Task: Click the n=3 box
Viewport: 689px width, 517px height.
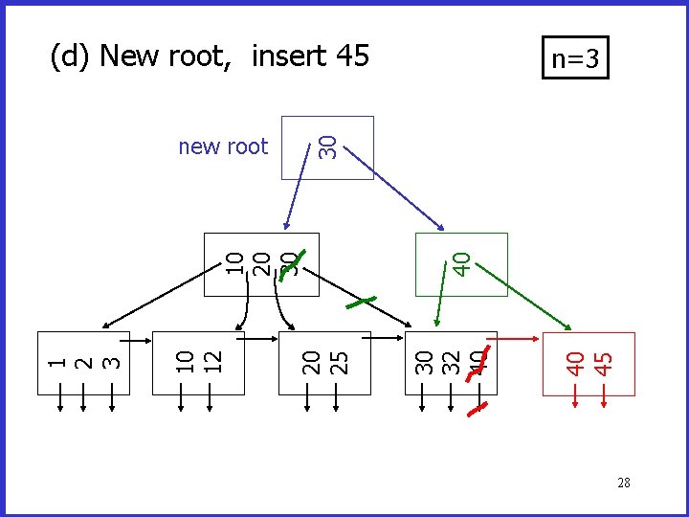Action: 575,59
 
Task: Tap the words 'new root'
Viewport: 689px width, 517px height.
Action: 223,146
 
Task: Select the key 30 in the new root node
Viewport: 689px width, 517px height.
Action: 327,146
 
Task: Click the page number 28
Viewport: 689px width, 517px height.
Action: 623,483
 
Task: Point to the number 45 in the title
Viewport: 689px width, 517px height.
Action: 352,56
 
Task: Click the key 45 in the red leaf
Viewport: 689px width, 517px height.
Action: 603,362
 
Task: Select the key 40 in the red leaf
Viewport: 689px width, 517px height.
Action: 576,362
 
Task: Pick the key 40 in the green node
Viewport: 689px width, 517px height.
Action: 460,262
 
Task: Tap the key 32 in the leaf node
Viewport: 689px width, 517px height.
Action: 451,361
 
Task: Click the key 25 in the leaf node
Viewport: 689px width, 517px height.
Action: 337,361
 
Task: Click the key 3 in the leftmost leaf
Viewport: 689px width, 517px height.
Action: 111,362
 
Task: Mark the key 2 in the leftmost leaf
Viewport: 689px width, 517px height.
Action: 85,362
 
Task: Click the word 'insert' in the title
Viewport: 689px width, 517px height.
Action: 289,56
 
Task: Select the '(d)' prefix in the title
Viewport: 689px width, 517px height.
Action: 71,56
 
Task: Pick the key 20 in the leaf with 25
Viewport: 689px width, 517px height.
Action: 311,361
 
